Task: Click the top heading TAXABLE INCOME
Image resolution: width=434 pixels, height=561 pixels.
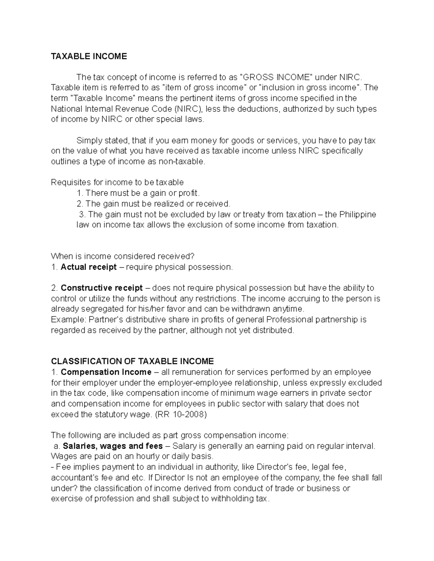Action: (89, 56)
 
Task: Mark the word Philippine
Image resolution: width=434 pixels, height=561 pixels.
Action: (358, 214)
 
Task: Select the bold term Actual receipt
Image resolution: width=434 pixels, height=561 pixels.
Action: (89, 267)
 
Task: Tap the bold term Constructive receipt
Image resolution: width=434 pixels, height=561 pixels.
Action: (102, 288)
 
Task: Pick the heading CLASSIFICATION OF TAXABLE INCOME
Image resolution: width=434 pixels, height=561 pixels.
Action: (132, 361)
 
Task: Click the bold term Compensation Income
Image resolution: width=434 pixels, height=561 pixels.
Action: (106, 372)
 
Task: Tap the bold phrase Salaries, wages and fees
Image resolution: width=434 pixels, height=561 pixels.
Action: (113, 446)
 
